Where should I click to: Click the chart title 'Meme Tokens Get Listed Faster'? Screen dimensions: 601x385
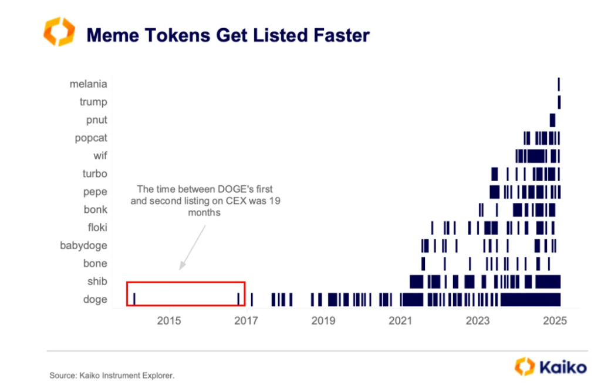228,35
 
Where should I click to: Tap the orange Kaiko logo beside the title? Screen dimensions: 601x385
59,32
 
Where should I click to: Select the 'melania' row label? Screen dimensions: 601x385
88,84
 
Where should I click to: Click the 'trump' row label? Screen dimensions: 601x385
93,102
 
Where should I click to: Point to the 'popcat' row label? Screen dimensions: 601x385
91,138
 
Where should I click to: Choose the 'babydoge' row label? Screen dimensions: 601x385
83,246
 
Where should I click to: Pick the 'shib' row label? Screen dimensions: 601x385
97,282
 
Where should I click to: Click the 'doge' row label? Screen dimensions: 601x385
95,299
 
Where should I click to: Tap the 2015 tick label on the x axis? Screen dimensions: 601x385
169,320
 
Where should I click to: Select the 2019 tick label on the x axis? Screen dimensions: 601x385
323,320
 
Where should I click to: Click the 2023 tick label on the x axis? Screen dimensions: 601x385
478,320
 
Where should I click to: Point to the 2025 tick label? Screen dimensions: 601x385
555,320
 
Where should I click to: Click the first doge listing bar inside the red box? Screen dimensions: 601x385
134,299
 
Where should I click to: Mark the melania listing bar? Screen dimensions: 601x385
559,84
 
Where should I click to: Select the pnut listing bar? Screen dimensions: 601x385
552,120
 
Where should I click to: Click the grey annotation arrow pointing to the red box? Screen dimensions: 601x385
193,247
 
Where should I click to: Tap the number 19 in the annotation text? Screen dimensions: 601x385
275,201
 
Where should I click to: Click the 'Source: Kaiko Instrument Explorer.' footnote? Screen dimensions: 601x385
112,376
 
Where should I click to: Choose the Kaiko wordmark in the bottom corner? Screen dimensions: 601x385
563,367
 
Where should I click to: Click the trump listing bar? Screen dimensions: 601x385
559,102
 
